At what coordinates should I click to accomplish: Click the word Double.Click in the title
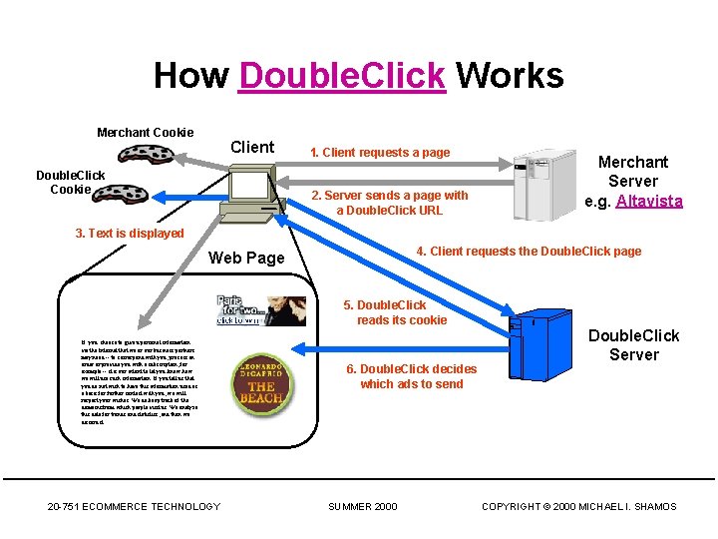pyautogui.click(x=341, y=75)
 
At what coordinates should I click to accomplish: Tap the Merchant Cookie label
pyautogui.click(x=145, y=132)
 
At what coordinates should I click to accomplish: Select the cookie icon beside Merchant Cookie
pyautogui.click(x=147, y=154)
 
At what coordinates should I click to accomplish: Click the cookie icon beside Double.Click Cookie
pyautogui.click(x=121, y=193)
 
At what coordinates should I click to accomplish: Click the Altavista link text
pyautogui.click(x=649, y=201)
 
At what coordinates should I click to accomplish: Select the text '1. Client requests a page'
pyautogui.click(x=380, y=153)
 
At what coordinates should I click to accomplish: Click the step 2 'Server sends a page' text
pyautogui.click(x=389, y=203)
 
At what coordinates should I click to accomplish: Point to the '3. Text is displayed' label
pyautogui.click(x=130, y=234)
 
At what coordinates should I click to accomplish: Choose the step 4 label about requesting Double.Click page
pyautogui.click(x=529, y=251)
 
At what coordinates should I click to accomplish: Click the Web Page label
pyautogui.click(x=246, y=258)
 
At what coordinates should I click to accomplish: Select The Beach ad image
pyautogui.click(x=261, y=380)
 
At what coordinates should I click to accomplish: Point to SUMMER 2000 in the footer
pyautogui.click(x=363, y=506)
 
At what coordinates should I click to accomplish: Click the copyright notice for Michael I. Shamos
pyautogui.click(x=578, y=506)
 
